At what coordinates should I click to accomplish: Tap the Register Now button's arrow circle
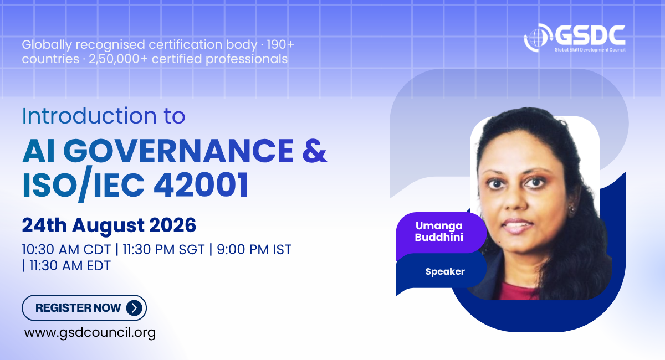coord(134,308)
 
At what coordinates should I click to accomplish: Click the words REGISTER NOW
coord(78,308)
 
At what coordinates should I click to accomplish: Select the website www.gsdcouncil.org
coord(90,333)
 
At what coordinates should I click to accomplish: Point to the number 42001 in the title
coord(201,184)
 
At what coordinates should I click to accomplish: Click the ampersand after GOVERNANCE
coord(315,150)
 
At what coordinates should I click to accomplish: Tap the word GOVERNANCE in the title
coord(178,151)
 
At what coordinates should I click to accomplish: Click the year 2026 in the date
coord(172,225)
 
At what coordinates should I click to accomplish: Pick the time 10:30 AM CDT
coord(66,250)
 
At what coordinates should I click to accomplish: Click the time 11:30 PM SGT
coord(163,250)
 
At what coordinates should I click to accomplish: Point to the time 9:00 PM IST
coord(254,250)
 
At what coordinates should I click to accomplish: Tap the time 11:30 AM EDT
coord(70,266)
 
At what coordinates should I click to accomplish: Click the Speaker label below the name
coord(444,271)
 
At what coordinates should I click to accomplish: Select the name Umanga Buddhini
coord(439,232)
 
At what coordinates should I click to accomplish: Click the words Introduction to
coord(104,116)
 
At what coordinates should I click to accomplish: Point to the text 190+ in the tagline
coord(280,45)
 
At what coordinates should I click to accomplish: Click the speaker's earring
coord(571,209)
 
